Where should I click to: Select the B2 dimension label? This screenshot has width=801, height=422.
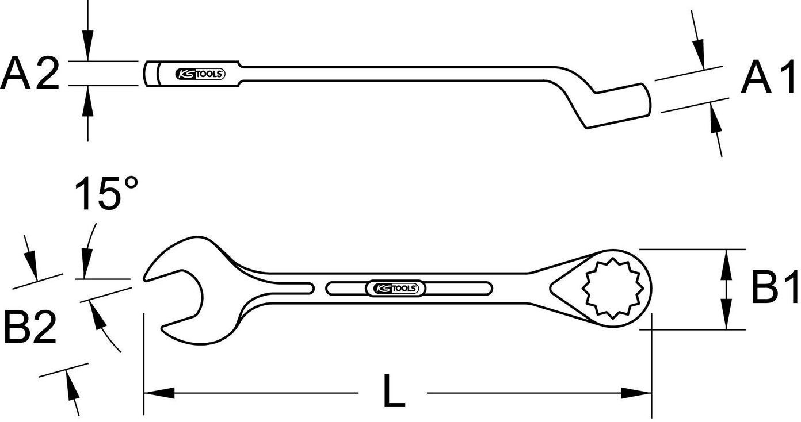tap(30, 327)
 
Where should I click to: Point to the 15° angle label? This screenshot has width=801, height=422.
tap(106, 193)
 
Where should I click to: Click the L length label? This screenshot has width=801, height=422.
tap(394, 390)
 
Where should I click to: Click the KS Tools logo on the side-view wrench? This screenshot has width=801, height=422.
tap(200, 74)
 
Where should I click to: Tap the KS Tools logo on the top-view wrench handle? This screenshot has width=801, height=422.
tap(396, 288)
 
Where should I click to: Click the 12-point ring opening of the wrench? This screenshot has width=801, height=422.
tap(613, 288)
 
